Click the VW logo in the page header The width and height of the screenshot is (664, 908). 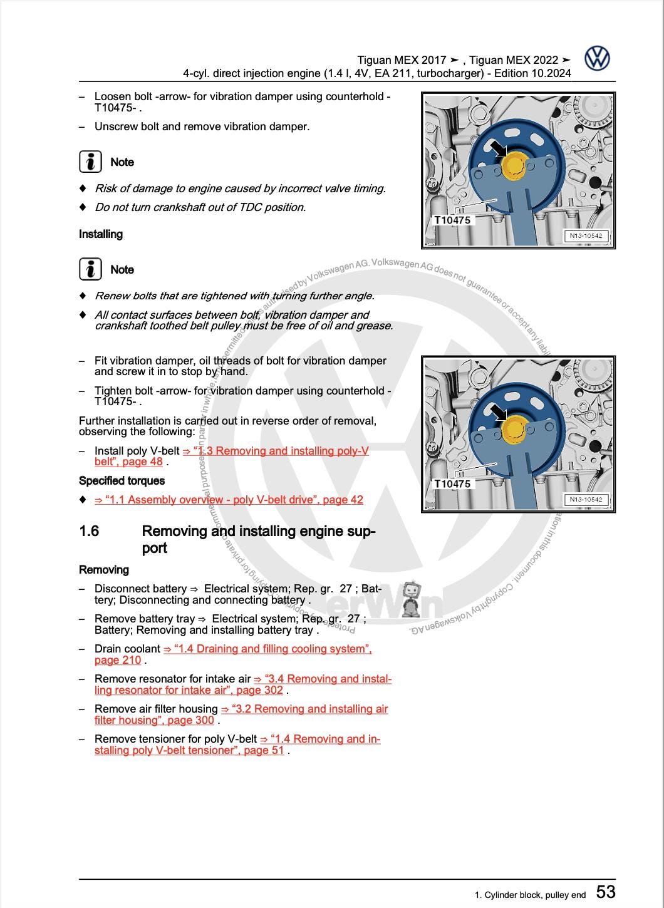tap(597, 58)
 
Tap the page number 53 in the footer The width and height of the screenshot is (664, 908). tap(605, 891)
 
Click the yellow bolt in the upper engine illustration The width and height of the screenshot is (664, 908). tap(514, 165)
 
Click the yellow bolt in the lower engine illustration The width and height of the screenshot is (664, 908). tap(514, 430)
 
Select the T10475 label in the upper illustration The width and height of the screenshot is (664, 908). tap(452, 220)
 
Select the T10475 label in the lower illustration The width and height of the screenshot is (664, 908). tap(452, 484)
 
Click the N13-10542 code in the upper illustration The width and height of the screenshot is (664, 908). tap(586, 236)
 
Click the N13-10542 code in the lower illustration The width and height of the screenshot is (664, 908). tap(586, 500)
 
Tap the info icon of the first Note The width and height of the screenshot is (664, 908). tap(91, 162)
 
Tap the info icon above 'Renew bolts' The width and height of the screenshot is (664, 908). tap(91, 269)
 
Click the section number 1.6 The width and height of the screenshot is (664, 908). tap(89, 531)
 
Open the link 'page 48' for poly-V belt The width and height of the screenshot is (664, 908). tap(147, 462)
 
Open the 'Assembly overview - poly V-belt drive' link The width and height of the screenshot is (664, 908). tap(229, 500)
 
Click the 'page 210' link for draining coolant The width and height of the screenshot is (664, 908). tap(118, 660)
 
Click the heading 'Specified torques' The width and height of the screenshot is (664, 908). tap(122, 481)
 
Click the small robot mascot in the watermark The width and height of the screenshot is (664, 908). tap(411, 598)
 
